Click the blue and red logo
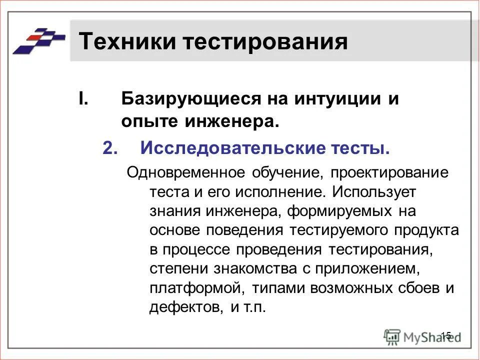pyautogui.click(x=39, y=40)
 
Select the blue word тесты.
pyautogui.click(x=359, y=148)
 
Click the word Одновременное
pyautogui.click(x=186, y=173)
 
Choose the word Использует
pyautogui.click(x=373, y=191)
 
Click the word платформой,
pyautogui.click(x=192, y=287)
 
